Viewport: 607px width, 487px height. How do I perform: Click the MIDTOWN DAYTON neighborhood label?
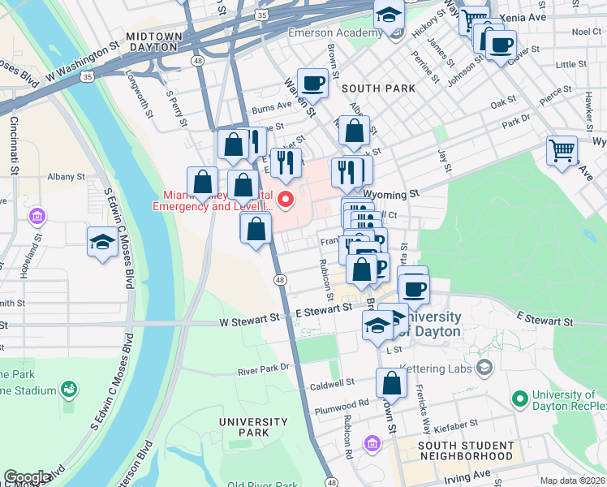pyautogui.click(x=153, y=42)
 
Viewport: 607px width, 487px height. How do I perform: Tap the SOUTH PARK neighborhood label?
pyautogui.click(x=378, y=88)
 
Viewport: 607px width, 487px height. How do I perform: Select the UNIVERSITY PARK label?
pyautogui.click(x=254, y=427)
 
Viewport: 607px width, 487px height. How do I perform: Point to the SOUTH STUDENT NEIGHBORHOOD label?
pyautogui.click(x=466, y=451)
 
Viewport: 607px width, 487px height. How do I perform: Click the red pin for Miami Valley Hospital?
pyautogui.click(x=286, y=199)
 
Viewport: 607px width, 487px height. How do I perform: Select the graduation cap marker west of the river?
pyautogui.click(x=103, y=242)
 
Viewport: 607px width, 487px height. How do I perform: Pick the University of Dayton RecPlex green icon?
pyautogui.click(x=519, y=399)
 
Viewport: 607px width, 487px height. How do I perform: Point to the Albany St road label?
pyautogui.click(x=66, y=176)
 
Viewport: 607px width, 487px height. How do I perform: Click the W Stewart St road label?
pyautogui.click(x=250, y=322)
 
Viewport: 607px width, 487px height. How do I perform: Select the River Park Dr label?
pyautogui.click(x=264, y=369)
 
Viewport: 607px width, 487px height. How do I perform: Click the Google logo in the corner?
pyautogui.click(x=27, y=477)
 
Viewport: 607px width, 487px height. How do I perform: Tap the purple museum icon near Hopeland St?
pyautogui.click(x=37, y=218)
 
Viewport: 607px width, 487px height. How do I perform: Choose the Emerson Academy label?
pyautogui.click(x=335, y=33)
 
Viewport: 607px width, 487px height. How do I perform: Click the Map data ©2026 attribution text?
pyautogui.click(x=572, y=481)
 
